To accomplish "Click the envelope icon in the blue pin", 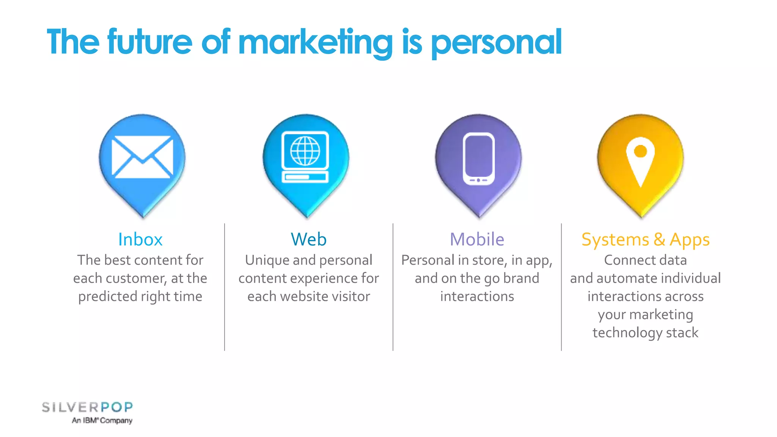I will point(142,157).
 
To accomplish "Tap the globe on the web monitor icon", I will point(305,151).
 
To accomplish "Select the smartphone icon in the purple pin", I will point(478,159).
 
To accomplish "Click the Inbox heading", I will point(140,239).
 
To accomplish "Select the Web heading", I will point(308,239).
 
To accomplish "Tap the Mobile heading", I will point(477,239).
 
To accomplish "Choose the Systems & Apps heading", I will point(645,240).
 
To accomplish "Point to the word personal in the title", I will point(496,42).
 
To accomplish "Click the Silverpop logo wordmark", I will point(87,407).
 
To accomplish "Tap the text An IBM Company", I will point(102,420).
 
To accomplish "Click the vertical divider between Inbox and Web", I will point(225,287).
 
